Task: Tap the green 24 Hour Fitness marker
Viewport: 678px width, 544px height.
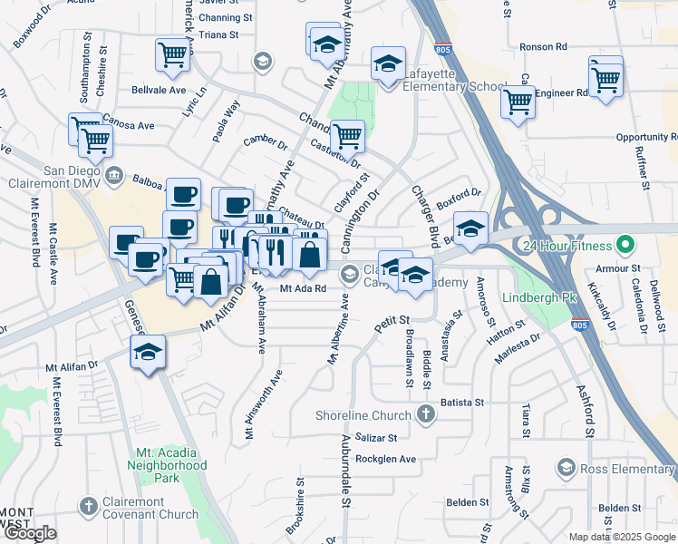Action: click(625, 245)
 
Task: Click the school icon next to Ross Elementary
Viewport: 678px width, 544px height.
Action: click(566, 468)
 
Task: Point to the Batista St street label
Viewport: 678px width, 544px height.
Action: click(463, 402)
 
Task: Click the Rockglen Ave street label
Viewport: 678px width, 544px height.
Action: click(385, 459)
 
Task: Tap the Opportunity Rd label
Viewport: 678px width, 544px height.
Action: click(647, 137)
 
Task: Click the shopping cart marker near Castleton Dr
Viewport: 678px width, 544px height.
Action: click(347, 136)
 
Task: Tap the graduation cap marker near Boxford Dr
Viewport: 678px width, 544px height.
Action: click(470, 228)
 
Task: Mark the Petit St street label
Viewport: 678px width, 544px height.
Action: click(392, 320)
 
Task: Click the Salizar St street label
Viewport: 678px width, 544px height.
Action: click(377, 437)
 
